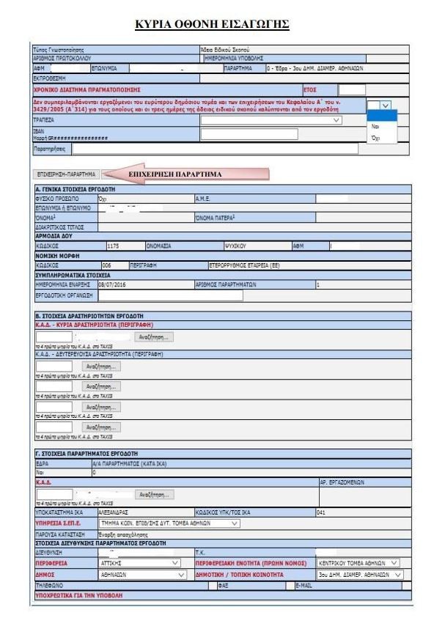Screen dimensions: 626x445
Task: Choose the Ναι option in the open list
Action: tap(375, 126)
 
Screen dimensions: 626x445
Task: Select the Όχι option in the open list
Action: tap(375, 137)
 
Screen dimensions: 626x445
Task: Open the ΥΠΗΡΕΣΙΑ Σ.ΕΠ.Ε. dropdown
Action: tap(169, 543)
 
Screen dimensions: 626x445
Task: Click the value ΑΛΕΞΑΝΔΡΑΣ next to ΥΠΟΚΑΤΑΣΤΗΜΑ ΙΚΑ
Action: tap(114, 533)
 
